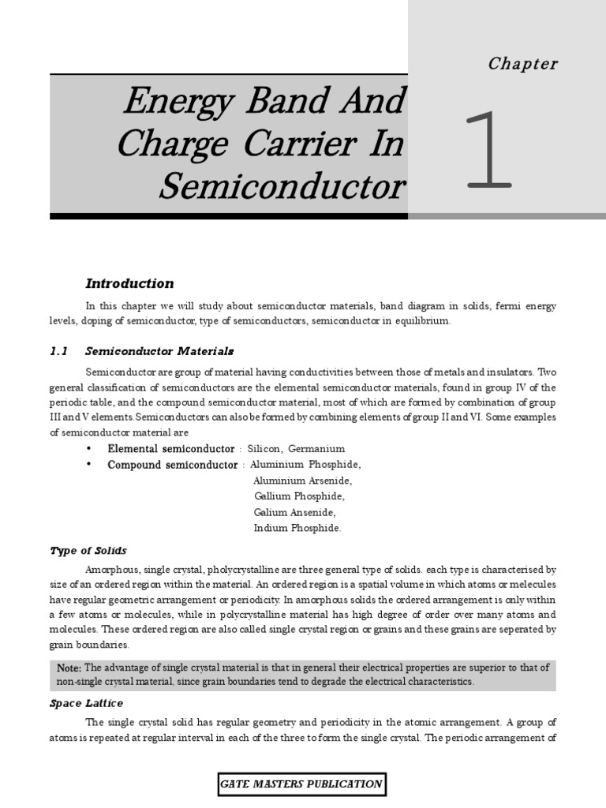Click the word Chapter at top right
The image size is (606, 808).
[522, 64]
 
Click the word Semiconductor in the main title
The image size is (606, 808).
[282, 187]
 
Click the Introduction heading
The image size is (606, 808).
[129, 283]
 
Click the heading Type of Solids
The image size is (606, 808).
[88, 550]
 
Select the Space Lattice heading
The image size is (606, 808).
[86, 702]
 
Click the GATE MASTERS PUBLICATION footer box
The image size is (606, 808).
[302, 784]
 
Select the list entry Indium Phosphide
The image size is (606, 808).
[297, 528]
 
